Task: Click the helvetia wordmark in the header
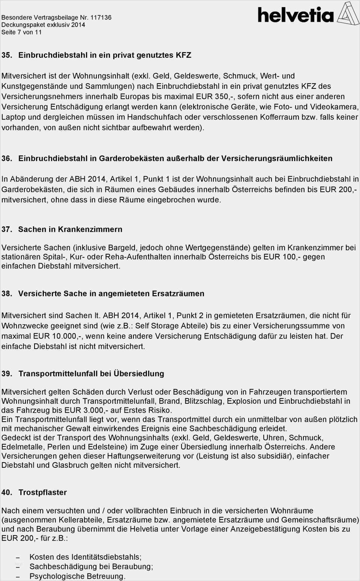point(295,15)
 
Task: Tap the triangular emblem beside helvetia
point(348,14)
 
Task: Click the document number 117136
point(98,17)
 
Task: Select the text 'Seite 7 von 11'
point(21,32)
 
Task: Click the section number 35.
point(6,55)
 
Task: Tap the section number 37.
point(6,229)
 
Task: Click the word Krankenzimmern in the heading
point(90,229)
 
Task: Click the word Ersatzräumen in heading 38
point(178,294)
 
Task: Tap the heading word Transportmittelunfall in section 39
point(58,374)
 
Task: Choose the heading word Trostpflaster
point(42,493)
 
